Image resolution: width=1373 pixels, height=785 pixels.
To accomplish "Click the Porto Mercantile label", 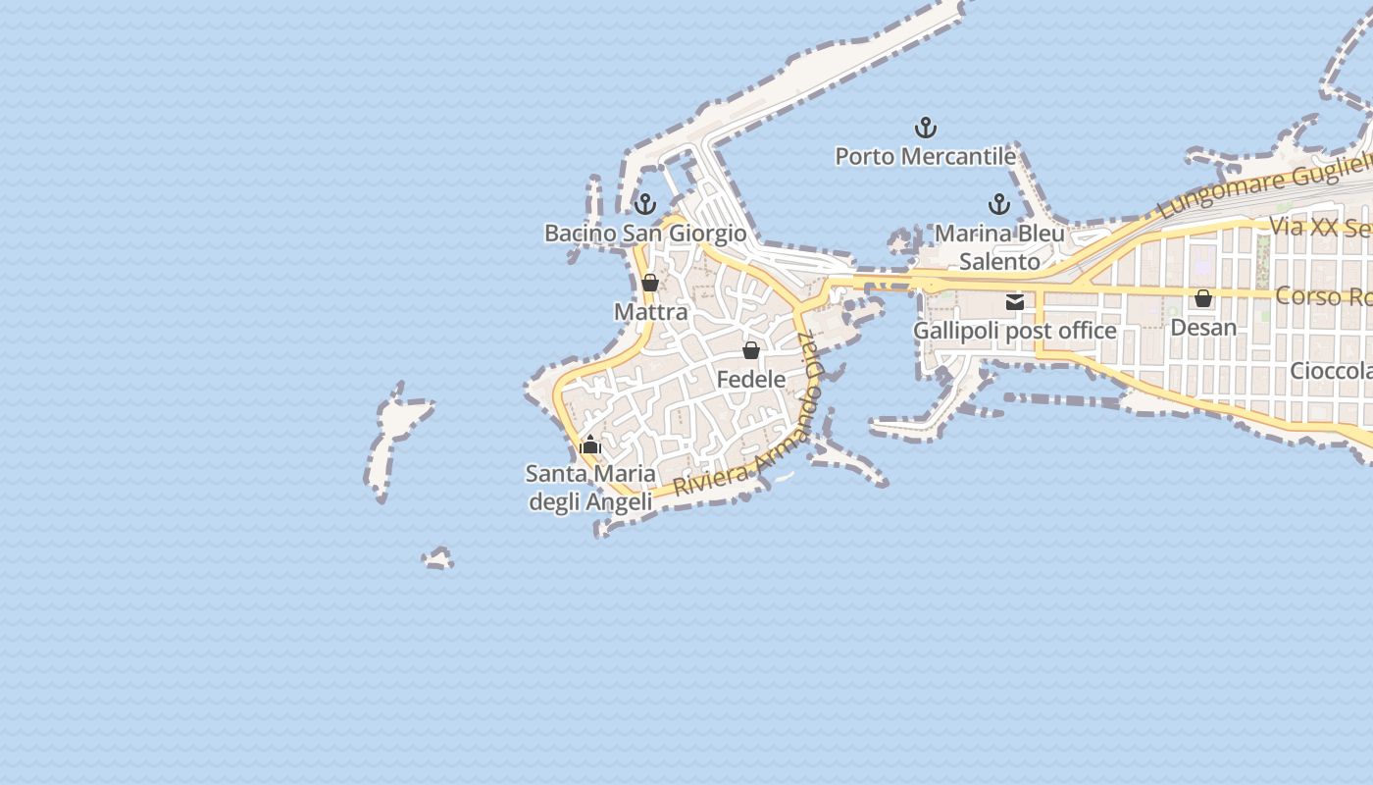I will click(925, 156).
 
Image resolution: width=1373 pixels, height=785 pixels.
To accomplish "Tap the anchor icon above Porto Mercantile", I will click(925, 128).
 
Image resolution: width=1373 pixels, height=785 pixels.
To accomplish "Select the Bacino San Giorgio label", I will click(645, 234).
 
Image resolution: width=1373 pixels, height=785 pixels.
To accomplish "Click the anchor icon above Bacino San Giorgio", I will click(644, 204).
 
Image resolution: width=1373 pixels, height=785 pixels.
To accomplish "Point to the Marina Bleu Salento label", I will click(999, 247).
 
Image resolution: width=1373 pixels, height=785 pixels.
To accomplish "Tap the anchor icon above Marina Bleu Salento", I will click(998, 204).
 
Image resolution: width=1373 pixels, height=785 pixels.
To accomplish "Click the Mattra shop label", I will click(650, 312).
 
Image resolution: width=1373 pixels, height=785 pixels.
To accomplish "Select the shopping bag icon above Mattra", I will click(649, 284).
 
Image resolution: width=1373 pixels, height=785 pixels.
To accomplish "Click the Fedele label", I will click(751, 379).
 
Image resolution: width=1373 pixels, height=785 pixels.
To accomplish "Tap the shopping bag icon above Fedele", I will click(751, 350).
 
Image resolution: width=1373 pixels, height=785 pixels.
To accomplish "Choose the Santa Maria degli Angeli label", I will click(590, 488).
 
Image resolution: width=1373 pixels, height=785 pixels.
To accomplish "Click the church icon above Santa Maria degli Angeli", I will click(590, 445).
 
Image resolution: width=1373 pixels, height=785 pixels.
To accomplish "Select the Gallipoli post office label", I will click(1014, 331).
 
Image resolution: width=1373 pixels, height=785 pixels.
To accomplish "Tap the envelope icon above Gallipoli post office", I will click(1015, 302).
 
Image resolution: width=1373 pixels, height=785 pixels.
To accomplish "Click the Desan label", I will click(1203, 327).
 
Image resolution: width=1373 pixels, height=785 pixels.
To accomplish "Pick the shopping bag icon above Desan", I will click(1203, 298).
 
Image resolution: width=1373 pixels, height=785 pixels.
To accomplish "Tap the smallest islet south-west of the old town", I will click(438, 559).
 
